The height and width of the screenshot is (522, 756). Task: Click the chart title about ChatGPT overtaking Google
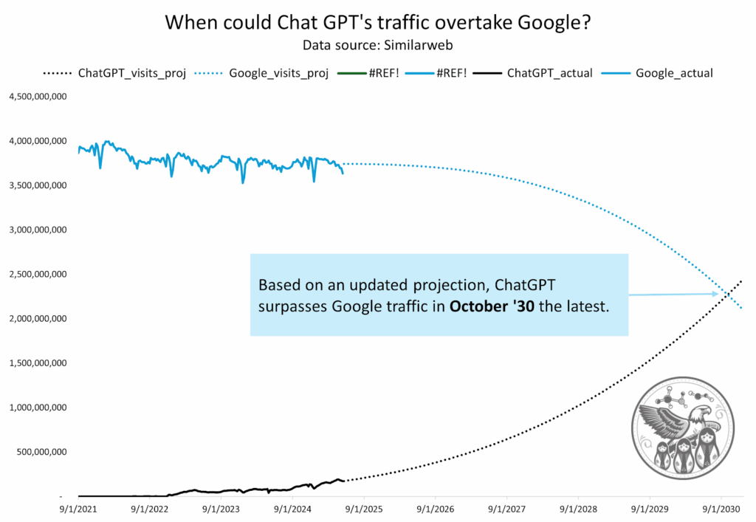tap(377, 22)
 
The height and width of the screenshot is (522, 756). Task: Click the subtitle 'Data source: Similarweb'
tap(377, 45)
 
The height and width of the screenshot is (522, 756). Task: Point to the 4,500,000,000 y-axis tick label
tap(38, 96)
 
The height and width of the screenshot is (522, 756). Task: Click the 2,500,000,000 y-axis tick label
tap(38, 274)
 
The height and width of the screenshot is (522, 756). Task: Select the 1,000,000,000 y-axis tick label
tap(38, 408)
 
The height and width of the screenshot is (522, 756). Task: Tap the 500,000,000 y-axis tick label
tap(41, 452)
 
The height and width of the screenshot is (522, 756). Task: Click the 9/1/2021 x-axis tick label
tap(78, 509)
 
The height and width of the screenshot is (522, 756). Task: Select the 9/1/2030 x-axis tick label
tap(721, 509)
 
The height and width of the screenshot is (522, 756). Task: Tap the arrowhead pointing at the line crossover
tap(715, 294)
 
